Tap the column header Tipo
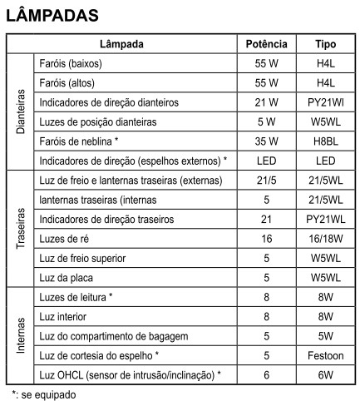pyautogui.click(x=325, y=44)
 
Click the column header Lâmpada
pyautogui.click(x=121, y=44)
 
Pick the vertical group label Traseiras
pyautogui.click(x=21, y=228)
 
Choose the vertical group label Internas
pyautogui.click(x=21, y=335)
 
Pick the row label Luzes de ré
pyautogui.click(x=63, y=239)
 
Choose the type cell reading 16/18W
pyautogui.click(x=325, y=239)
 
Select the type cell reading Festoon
pyautogui.click(x=325, y=355)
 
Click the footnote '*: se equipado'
pyautogui.click(x=43, y=394)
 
